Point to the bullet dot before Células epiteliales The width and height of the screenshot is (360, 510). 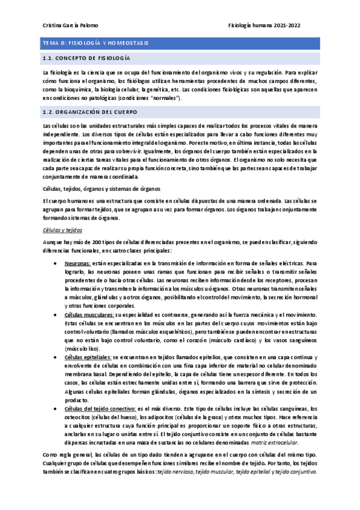click(x=56, y=357)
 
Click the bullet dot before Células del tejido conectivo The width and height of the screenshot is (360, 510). click(x=56, y=408)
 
